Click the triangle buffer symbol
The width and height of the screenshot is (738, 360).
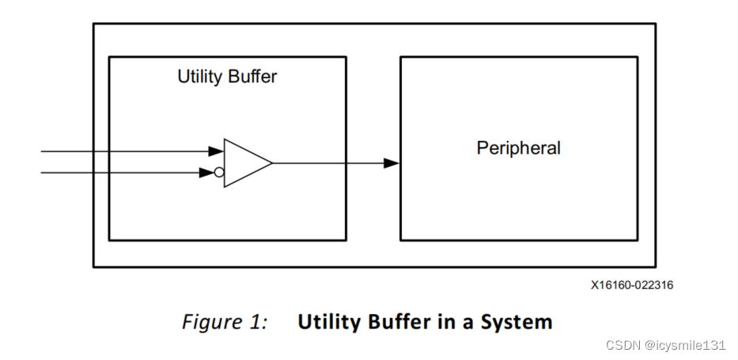[244, 163]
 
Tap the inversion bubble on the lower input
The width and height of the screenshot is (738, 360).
[219, 172]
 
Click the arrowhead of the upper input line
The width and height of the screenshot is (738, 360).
[215, 150]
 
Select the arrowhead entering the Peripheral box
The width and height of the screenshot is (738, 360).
[392, 163]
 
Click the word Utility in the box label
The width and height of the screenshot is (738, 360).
[199, 78]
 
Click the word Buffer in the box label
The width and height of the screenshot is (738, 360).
[252, 78]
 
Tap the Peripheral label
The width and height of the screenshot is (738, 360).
[518, 148]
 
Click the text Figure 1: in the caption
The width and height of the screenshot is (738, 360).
[225, 323]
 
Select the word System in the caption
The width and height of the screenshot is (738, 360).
[518, 323]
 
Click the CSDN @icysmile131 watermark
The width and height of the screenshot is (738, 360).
[665, 346]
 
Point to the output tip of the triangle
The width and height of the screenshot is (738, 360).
[272, 163]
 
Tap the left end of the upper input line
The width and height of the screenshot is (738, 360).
[42, 150]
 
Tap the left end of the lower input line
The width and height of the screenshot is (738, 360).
[42, 172]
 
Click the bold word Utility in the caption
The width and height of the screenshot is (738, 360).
[327, 323]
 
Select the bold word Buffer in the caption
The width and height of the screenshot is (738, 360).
[395, 323]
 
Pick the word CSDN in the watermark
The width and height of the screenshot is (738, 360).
[621, 346]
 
